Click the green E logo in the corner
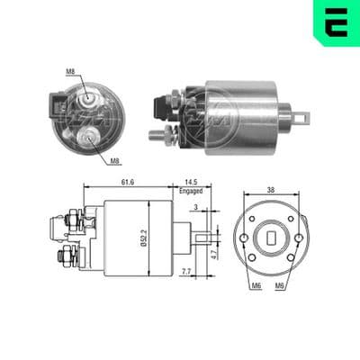[x=337, y=22]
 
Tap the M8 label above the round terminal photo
[x=70, y=72]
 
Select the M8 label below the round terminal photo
[x=115, y=161]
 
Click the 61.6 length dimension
[x=128, y=182]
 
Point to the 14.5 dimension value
[x=191, y=182]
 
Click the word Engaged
[x=191, y=191]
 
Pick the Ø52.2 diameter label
[x=143, y=238]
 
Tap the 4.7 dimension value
[x=213, y=255]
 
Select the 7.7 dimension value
[x=186, y=272]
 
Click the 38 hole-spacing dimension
[x=271, y=190]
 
